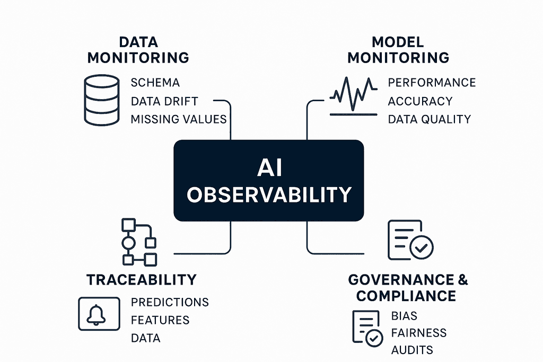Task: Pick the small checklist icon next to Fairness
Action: pos(367,329)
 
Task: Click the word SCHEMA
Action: pos(155,83)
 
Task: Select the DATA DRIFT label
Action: pos(164,101)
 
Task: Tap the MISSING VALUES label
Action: pos(179,119)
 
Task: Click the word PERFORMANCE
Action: pos(432,83)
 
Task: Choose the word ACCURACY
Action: pos(420,101)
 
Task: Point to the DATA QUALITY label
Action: pos(429,119)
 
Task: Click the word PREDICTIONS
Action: pos(170,303)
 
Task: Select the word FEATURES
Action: pos(160,320)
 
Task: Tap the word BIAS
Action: pos(404,316)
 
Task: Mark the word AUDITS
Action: pos(412,350)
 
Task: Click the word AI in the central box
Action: pos(269,167)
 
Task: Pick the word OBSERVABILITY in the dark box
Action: pos(269,195)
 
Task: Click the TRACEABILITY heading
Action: pos(141,279)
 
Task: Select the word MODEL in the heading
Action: pos(398,42)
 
